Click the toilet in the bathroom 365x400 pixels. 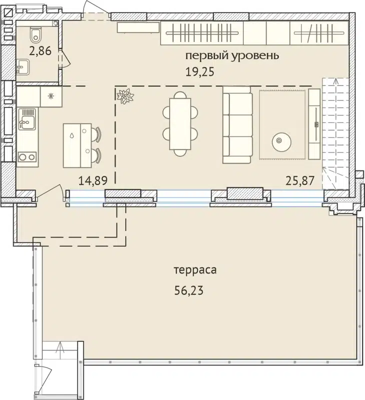coord(36,35)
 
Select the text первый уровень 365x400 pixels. coord(232,55)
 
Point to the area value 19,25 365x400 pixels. coord(200,71)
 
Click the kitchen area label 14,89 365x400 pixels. coord(94,180)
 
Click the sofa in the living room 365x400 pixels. coord(237,125)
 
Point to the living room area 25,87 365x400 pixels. coord(299,180)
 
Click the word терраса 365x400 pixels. coord(194,270)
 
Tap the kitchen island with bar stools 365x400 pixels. coord(78,145)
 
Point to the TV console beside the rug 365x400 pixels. coord(314,123)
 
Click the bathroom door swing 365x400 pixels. coord(64,60)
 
